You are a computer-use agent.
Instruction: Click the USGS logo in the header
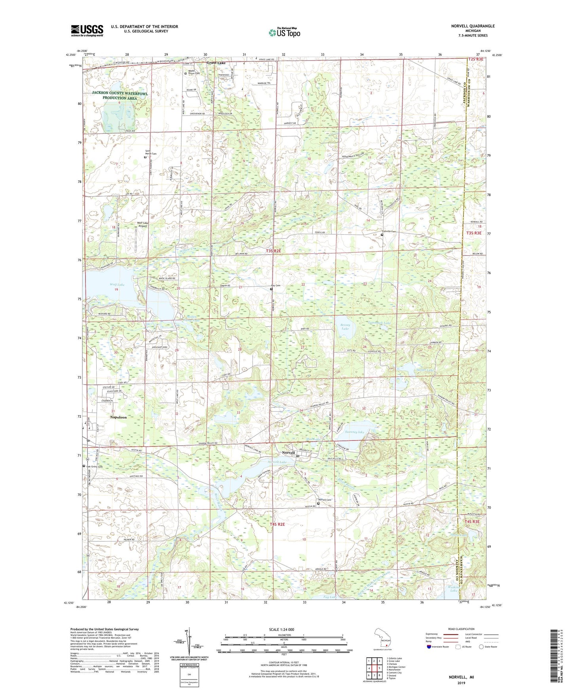coord(87,30)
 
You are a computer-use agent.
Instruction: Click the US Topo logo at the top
coord(284,32)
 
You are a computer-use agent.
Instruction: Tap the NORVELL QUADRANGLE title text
coord(473,26)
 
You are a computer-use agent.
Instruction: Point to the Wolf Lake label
coord(117,285)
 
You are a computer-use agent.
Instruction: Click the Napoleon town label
coord(118,417)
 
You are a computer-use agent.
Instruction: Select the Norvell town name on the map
coord(288,453)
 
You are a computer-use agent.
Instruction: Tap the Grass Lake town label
coord(216,63)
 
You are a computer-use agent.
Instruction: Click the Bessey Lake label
coord(345,327)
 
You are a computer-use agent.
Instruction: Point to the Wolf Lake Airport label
coord(142,224)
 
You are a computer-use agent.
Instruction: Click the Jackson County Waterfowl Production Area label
coord(120,95)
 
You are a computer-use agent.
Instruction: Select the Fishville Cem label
coord(389,231)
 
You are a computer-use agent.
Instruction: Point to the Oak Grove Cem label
coord(94,467)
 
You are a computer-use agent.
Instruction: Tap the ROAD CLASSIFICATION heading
coord(462,629)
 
